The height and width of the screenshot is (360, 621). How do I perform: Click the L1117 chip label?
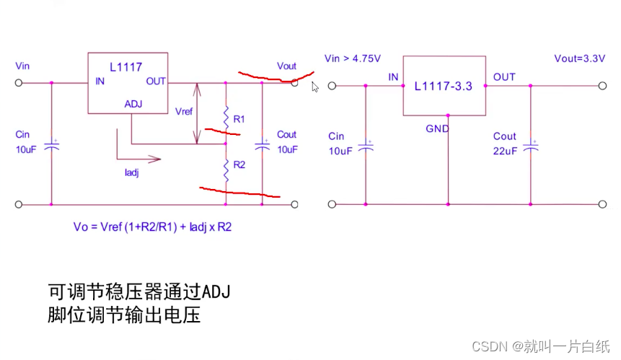point(126,66)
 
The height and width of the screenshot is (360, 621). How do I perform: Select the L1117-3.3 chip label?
point(443,86)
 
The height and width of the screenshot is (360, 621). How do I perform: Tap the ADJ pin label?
point(133,104)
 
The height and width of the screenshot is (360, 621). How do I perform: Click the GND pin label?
point(437,129)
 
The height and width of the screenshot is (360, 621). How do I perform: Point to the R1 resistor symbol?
point(226,118)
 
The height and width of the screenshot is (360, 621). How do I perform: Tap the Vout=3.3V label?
point(579,59)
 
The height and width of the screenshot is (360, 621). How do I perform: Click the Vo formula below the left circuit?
point(152,226)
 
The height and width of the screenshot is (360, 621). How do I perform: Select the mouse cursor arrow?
point(315,87)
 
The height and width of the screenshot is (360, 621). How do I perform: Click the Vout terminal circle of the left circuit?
point(294,83)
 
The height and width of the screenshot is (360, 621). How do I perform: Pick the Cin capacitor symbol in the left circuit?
point(51,146)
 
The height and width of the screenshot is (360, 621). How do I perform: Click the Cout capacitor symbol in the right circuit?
point(532,146)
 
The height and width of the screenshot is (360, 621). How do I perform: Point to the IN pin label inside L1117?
point(100,82)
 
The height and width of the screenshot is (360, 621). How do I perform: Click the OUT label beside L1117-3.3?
point(504,76)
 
